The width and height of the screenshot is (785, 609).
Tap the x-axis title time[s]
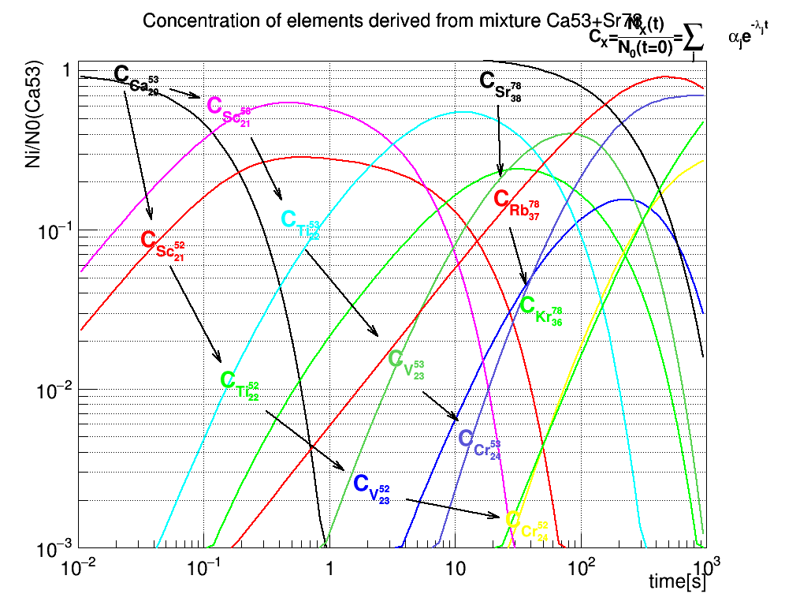(677, 583)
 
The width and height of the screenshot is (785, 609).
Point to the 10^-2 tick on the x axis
(80, 566)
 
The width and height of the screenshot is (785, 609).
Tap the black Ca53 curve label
(137, 80)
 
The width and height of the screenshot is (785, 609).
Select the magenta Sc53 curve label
(229, 110)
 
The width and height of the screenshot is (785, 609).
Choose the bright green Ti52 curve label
(240, 386)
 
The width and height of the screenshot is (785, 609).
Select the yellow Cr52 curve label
(526, 525)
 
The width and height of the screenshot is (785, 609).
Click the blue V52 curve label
(371, 489)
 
